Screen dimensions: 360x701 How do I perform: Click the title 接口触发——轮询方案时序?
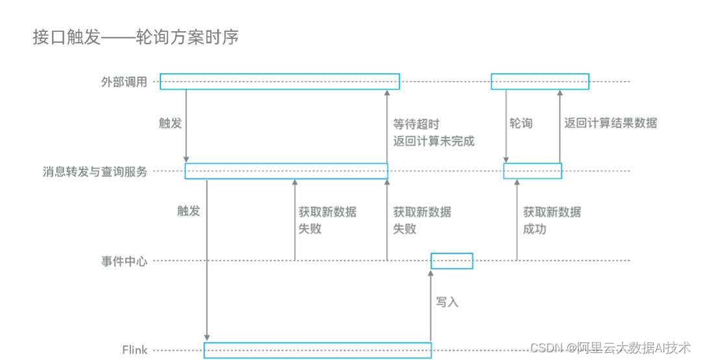[136, 38]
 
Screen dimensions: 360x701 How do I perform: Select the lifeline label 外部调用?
[124, 82]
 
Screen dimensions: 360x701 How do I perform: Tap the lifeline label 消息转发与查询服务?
[95, 172]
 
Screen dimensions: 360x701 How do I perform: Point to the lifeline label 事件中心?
[124, 261]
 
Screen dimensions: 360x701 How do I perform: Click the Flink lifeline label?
[135, 350]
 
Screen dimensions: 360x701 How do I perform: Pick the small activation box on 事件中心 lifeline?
[452, 261]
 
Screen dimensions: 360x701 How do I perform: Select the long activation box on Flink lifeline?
[317, 350]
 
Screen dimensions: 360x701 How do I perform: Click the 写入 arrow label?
[447, 302]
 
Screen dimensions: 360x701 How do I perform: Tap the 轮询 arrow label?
[521, 123]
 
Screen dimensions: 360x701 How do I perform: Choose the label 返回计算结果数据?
[610, 123]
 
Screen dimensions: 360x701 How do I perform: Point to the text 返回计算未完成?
[434, 141]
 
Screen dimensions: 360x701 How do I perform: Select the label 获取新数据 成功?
[552, 221]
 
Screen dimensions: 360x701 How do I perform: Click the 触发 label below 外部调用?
[170, 123]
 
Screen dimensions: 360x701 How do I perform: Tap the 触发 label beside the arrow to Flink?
[188, 211]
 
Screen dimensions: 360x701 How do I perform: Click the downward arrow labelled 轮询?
[505, 126]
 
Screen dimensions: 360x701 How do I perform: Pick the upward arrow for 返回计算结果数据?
[559, 126]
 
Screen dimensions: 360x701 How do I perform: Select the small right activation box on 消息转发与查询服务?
[532, 171]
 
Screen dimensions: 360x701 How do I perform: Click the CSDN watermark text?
[610, 348]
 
